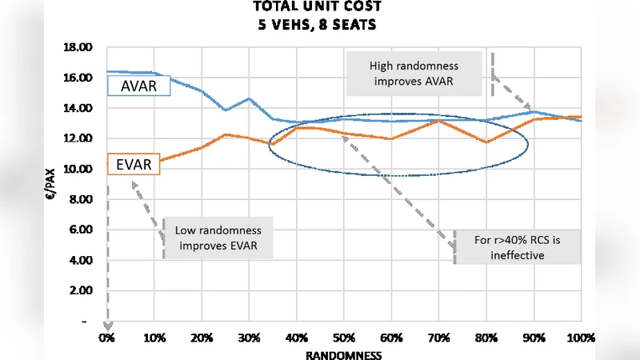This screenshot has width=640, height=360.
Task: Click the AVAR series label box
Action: pos(138,86)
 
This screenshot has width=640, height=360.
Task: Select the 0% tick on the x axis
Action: pos(106,338)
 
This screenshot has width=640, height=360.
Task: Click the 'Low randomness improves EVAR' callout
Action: pos(218,238)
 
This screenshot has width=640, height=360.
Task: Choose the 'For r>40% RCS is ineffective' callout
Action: pos(516,246)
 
